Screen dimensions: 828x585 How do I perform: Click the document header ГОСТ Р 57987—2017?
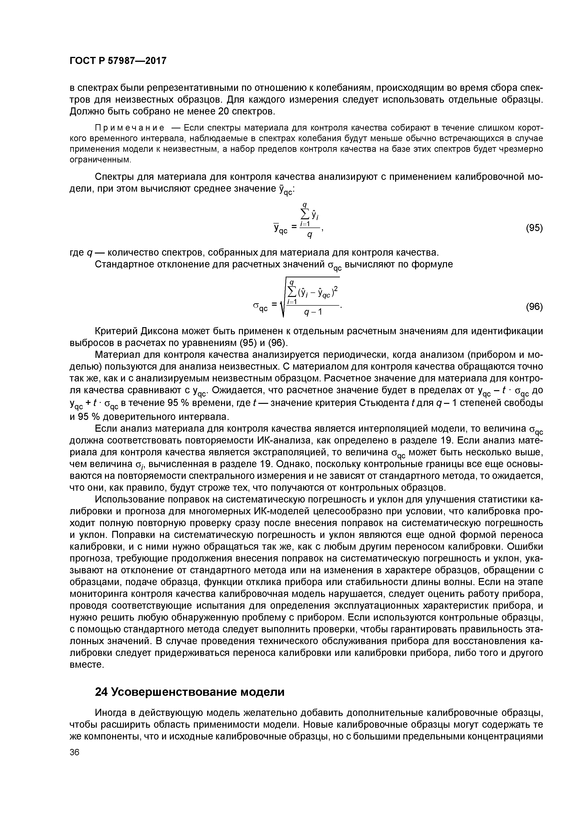(118, 61)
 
